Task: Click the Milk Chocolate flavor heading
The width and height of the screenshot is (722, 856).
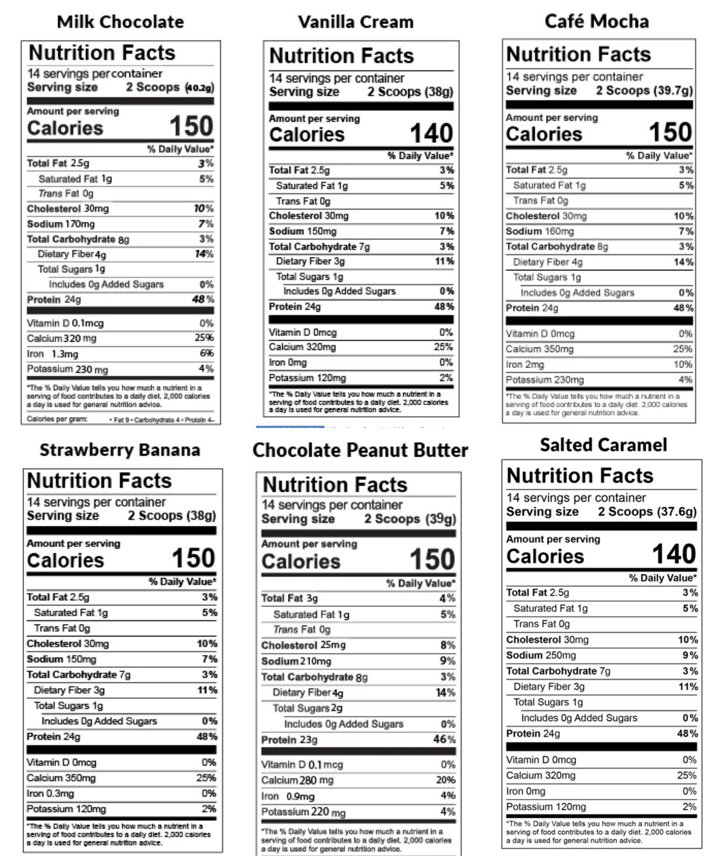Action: [x=120, y=22]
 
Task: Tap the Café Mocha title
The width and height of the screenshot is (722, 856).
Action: [x=596, y=22]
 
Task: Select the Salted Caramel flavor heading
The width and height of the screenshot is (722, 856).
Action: [x=603, y=445]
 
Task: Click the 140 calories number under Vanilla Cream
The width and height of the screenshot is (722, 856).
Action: [x=431, y=133]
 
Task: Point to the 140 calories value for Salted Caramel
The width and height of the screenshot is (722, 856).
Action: [x=674, y=554]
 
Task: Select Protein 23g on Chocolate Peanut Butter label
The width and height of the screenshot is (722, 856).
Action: [x=289, y=740]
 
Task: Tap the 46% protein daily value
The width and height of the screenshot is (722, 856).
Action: [x=444, y=739]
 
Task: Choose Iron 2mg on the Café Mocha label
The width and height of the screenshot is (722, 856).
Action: [x=525, y=364]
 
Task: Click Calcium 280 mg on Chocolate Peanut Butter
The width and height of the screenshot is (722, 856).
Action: [x=297, y=780]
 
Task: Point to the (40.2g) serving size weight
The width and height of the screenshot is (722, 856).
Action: [x=199, y=88]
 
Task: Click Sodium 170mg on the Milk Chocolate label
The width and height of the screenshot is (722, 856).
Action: [x=61, y=224]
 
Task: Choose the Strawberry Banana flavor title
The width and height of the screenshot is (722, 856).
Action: [x=120, y=450]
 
